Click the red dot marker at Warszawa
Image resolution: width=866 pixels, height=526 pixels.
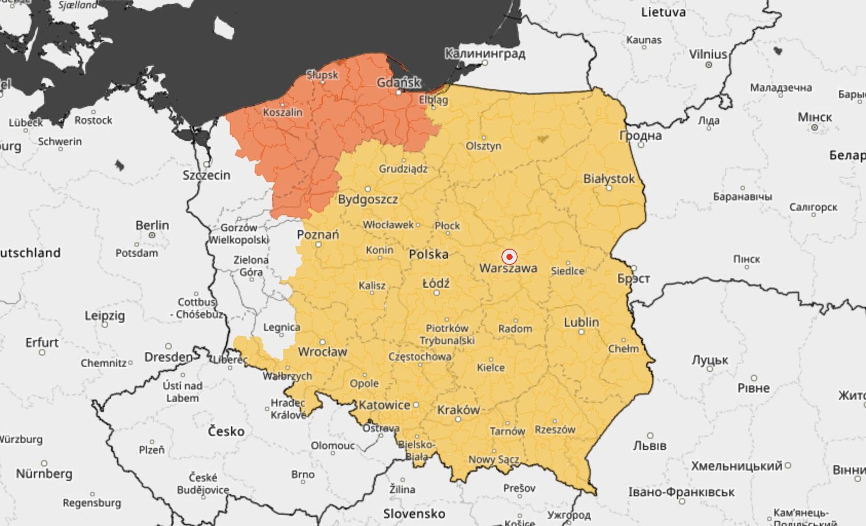click(509, 257)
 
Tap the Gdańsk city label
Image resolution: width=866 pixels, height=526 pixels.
click(399, 83)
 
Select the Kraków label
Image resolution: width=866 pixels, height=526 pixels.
click(458, 410)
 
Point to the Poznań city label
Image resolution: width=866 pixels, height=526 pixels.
click(318, 235)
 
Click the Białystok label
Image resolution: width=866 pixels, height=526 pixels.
click(609, 179)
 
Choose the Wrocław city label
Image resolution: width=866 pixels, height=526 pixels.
click(323, 352)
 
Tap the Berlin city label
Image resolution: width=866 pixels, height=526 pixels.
click(152, 225)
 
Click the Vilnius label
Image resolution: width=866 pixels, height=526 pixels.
click(708, 54)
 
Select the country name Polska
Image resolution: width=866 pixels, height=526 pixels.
click(428, 254)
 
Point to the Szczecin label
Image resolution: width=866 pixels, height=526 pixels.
click(206, 175)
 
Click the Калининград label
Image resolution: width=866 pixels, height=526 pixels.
click(484, 53)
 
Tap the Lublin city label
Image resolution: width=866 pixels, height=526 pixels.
click(581, 322)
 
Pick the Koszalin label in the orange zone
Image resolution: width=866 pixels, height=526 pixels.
click(283, 112)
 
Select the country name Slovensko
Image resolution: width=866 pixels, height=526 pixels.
click(414, 513)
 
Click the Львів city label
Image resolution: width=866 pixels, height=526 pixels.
click(649, 445)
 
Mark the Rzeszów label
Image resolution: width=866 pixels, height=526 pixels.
click(555, 429)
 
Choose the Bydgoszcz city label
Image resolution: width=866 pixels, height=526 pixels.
click(368, 199)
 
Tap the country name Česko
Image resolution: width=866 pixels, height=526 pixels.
click(226, 431)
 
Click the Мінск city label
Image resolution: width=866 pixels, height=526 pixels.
click(815, 117)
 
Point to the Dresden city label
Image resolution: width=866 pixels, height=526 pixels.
click(168, 356)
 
